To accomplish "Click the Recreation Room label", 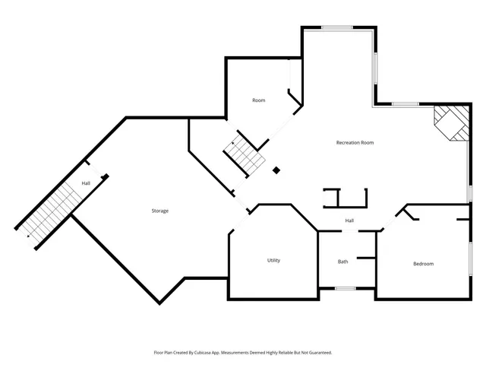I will [x=355, y=142].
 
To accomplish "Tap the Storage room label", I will [x=159, y=211].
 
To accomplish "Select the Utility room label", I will [x=273, y=260].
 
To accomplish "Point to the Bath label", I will [x=343, y=262].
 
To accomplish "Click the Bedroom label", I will [x=423, y=264].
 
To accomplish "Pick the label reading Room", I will [x=259, y=100].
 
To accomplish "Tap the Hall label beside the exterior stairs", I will [x=87, y=182].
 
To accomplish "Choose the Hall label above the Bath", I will [x=349, y=221].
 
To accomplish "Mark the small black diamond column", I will [x=276, y=170].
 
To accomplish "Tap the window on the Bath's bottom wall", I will [x=346, y=288].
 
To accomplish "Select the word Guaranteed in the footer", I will [x=317, y=353].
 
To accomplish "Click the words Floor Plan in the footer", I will [x=164, y=353].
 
